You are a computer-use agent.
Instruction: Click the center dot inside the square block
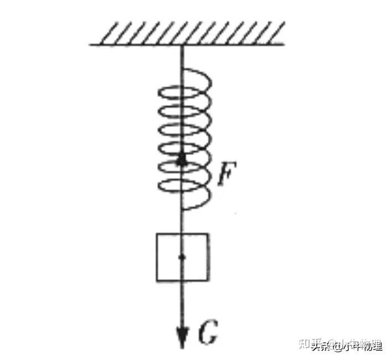click(182, 257)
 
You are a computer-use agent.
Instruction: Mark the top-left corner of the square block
click(157, 234)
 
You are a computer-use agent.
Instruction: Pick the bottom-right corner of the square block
click(208, 281)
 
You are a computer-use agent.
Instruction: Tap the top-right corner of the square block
click(208, 234)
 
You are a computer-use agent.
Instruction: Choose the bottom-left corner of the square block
click(157, 281)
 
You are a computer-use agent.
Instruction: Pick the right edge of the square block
click(208, 257)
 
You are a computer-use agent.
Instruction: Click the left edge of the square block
click(157, 257)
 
